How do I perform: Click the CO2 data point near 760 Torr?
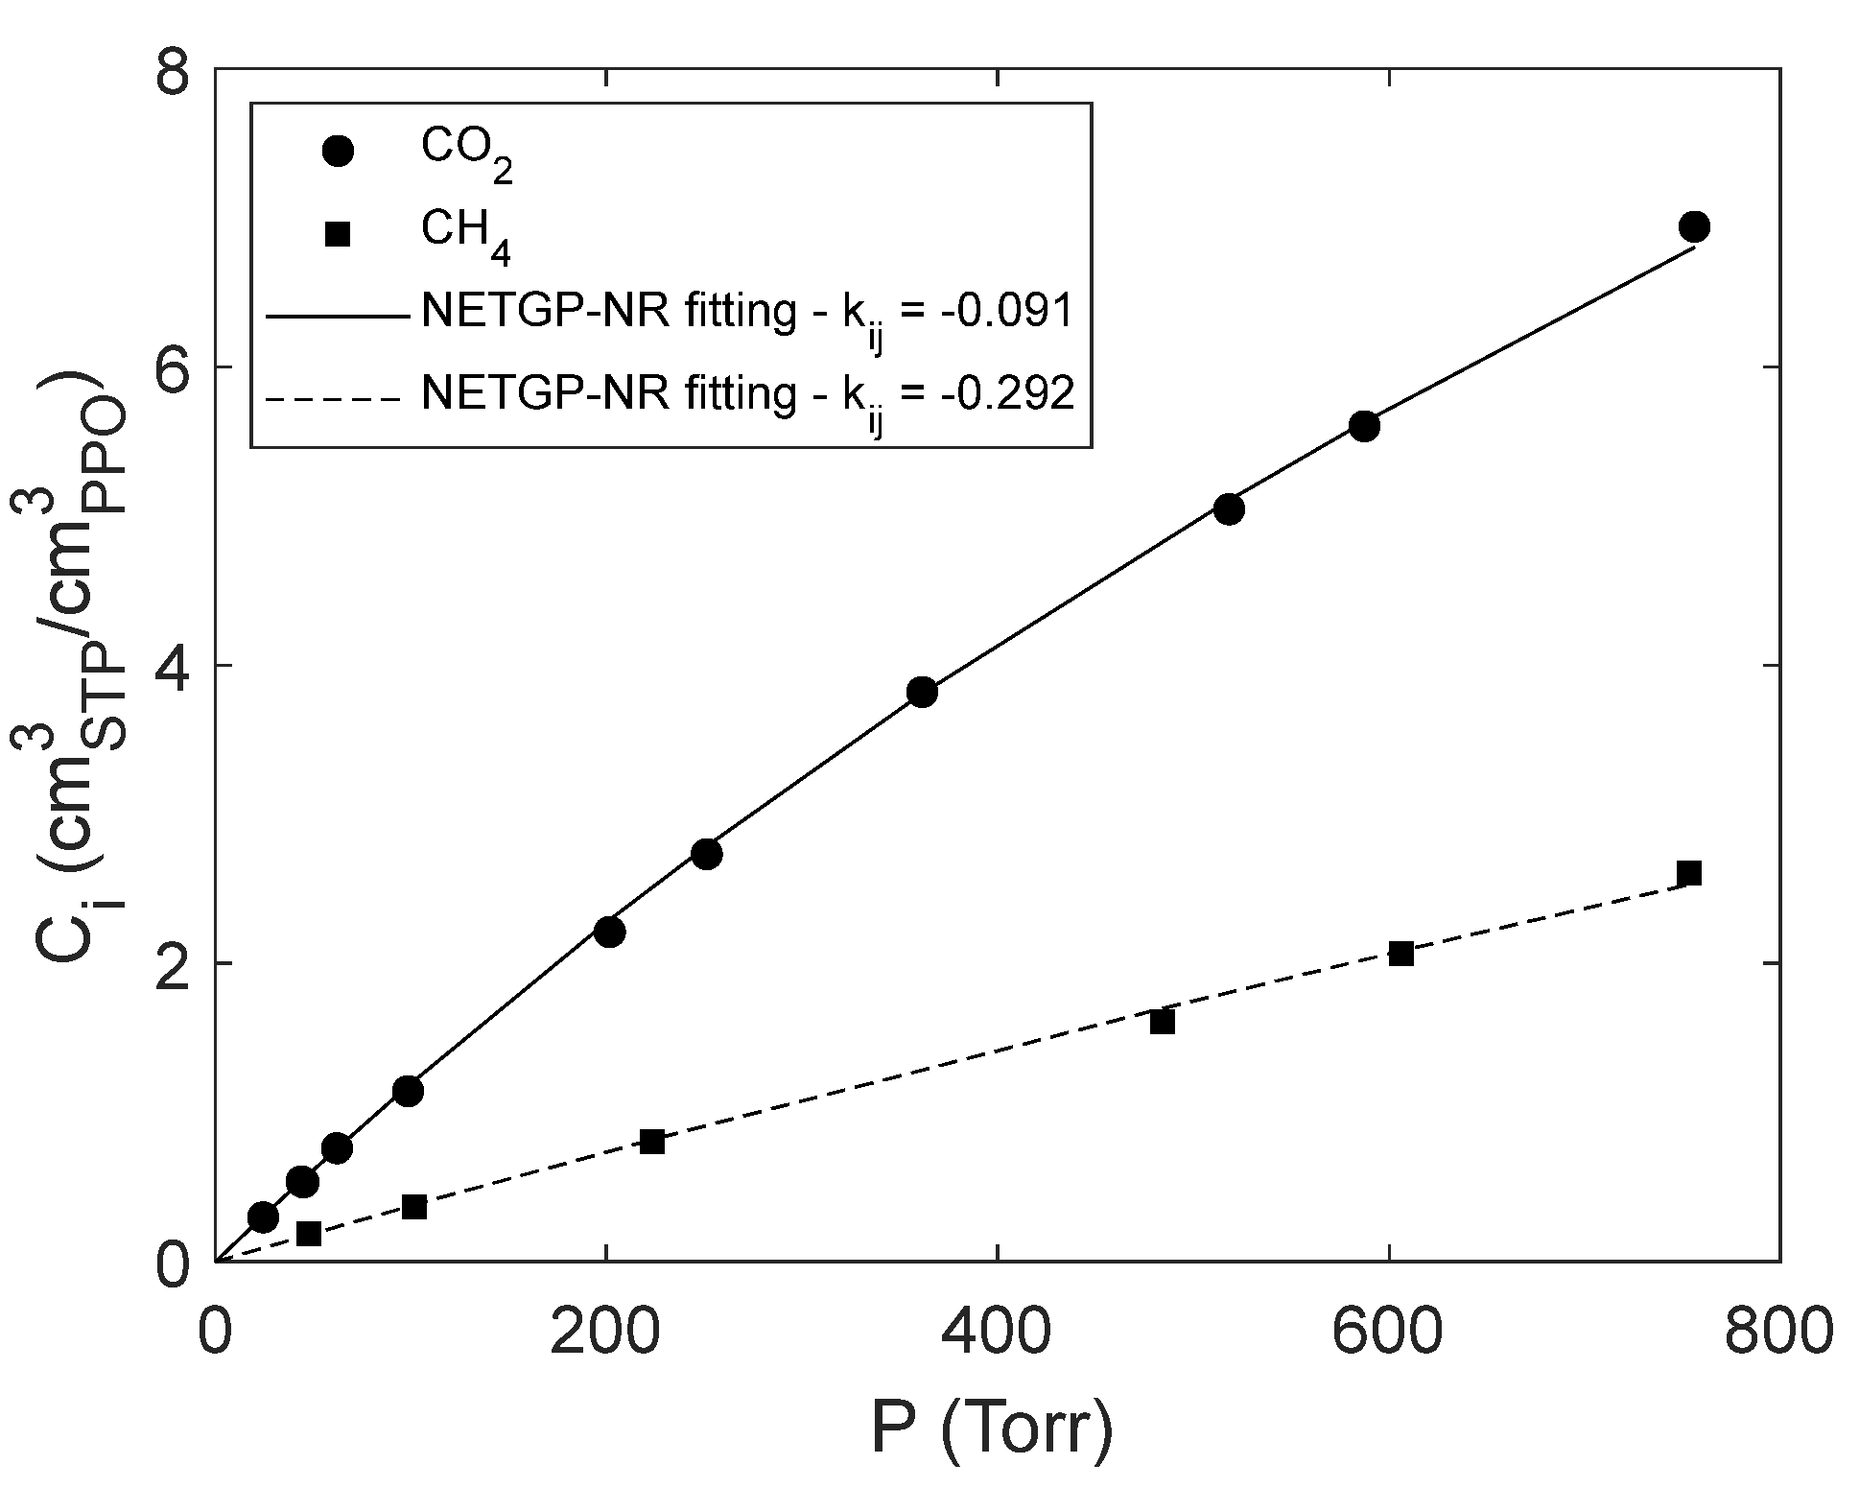point(1694,227)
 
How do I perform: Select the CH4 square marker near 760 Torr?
point(1689,873)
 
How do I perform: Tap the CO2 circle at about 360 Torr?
point(922,692)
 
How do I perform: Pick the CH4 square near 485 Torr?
point(1163,1022)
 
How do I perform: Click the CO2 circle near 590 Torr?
point(1364,427)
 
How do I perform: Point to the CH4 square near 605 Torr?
point(1401,954)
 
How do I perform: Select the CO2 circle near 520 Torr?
point(1229,509)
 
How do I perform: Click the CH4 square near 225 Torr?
point(652,1142)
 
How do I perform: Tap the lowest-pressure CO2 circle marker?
point(263,1217)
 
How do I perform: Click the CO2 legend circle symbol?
point(338,151)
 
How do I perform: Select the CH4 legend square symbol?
point(337,233)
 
